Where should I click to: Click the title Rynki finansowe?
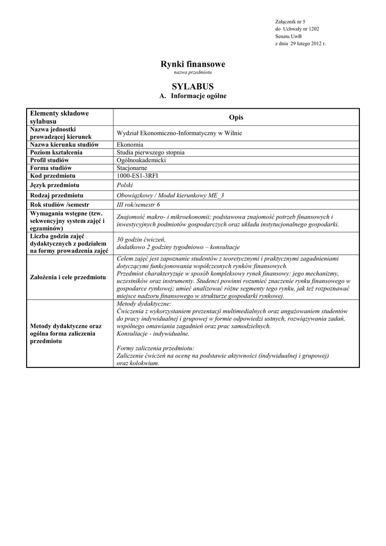click(193, 64)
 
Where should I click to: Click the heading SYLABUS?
click(193, 86)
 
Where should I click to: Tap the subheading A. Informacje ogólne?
click(193, 96)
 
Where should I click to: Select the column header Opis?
click(236, 117)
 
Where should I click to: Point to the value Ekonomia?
click(130, 144)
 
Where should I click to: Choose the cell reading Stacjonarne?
click(132, 167)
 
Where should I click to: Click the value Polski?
click(125, 185)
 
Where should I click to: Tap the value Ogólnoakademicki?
click(141, 160)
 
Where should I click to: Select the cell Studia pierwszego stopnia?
click(151, 152)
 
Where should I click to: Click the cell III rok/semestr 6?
click(138, 205)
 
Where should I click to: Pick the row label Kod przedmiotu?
click(53, 175)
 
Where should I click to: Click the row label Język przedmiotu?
click(55, 185)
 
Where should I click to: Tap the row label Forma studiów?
click(51, 167)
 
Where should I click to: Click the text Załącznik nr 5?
click(290, 21)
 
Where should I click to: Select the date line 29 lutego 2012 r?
click(300, 43)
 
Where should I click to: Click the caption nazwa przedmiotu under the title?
click(193, 73)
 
